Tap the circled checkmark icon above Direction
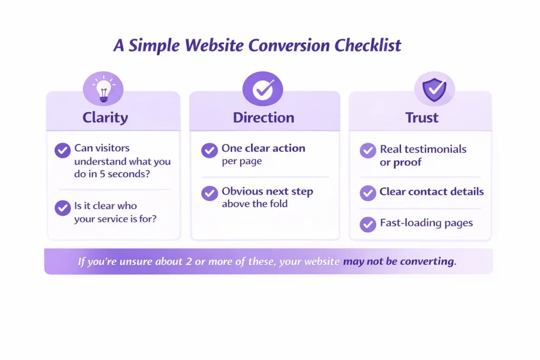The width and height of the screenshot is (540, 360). pos(263,88)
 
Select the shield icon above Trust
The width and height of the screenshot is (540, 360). pos(434,88)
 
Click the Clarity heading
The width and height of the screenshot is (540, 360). pos(105,117)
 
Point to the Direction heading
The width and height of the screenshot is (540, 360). pos(264,117)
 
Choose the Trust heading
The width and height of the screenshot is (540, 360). pos(421,117)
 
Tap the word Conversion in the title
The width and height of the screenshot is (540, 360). pos(289,46)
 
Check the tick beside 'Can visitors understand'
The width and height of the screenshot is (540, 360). pos(63,150)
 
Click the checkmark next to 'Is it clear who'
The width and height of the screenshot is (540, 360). pos(63,208)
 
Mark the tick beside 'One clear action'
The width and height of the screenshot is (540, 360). pos(209,150)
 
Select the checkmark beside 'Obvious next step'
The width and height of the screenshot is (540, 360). pos(209,193)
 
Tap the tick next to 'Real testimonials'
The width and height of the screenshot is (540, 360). pos(368,150)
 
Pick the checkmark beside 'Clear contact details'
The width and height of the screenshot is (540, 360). pos(368,193)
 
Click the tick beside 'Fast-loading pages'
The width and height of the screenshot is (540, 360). pos(368,224)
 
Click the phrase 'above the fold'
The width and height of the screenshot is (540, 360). pos(255,204)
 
